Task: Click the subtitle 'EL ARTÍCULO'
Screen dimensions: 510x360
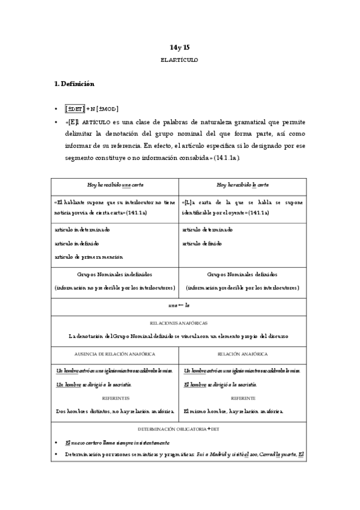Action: coord(180,61)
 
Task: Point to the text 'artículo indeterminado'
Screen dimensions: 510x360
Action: coord(82,230)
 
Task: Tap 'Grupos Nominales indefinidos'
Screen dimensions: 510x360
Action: coord(115,273)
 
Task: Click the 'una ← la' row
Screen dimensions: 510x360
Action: coord(179,306)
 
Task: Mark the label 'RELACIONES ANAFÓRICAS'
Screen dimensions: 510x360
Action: coord(179,324)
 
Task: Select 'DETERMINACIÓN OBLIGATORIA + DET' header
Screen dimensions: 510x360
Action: coord(179,429)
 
